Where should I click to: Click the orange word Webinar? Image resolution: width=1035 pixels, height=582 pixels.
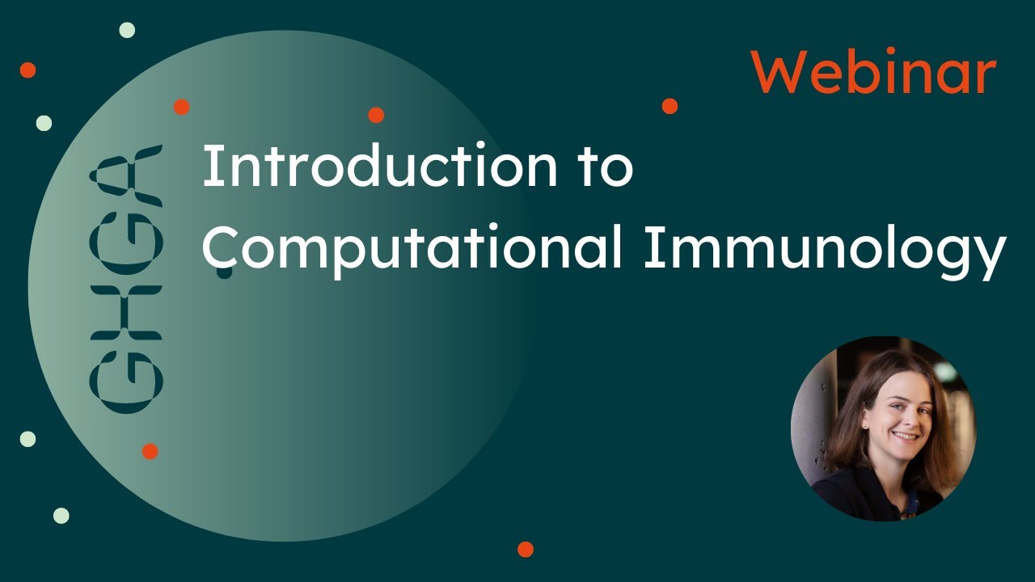point(873,73)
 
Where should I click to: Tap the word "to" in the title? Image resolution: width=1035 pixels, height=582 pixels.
point(606,167)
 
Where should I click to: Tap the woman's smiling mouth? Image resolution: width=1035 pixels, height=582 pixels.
point(905,436)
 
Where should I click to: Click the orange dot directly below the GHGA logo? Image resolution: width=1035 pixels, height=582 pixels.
point(150,451)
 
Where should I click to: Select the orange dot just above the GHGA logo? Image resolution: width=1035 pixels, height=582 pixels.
point(181,107)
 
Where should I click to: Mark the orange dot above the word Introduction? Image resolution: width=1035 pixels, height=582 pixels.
point(376,115)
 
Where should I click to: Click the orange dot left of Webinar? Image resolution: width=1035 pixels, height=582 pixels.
point(670,106)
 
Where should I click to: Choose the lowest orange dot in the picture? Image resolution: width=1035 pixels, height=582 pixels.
point(526,550)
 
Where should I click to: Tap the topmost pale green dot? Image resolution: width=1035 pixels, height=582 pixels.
point(127,30)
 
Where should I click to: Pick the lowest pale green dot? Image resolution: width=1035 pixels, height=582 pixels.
point(61,516)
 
